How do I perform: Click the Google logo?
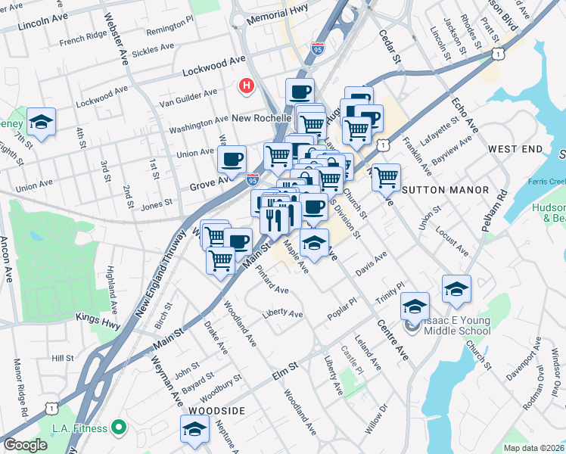tap(25, 445)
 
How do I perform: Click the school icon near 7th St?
tap(41, 121)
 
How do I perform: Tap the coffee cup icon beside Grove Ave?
tap(232, 159)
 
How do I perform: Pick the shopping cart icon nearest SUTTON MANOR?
tap(386, 177)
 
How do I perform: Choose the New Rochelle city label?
tap(262, 119)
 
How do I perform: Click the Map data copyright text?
tap(533, 448)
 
